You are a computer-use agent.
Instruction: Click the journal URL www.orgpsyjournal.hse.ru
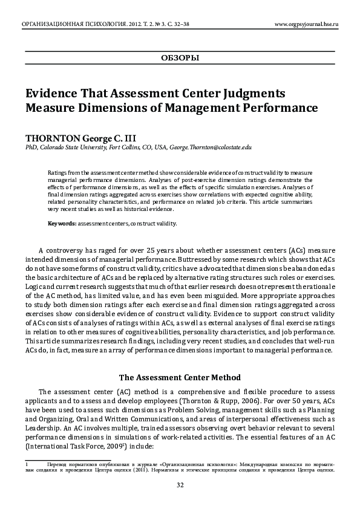[306, 24]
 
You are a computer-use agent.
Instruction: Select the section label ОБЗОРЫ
[180, 58]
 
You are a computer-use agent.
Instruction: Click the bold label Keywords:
[62, 223]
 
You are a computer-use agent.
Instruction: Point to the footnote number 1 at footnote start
[27, 464]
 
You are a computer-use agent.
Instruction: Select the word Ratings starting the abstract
[57, 172]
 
